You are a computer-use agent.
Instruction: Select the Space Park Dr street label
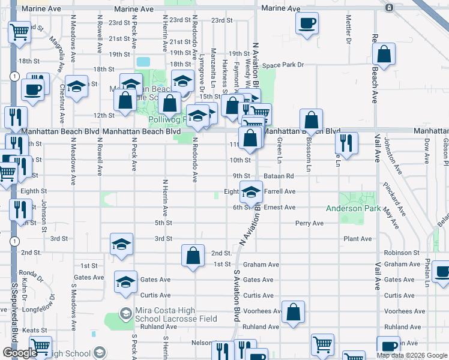[x=283, y=65]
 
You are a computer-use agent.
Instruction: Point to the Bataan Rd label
[x=281, y=176]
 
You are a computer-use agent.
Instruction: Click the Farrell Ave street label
[x=280, y=191]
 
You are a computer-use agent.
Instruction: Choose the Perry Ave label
[x=309, y=223]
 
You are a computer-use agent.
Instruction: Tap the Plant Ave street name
[x=357, y=239]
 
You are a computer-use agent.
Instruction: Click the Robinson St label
[x=402, y=253]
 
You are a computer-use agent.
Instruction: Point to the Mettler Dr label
[x=348, y=25]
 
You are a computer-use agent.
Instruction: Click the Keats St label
[x=35, y=331]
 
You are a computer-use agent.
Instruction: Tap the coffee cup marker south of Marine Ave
[x=307, y=23]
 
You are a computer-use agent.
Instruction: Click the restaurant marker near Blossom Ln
[x=345, y=142]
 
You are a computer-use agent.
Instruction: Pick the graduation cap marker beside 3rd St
[x=121, y=245]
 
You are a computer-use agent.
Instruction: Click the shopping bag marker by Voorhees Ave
[x=293, y=311]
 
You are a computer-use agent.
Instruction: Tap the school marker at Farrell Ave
[x=251, y=192]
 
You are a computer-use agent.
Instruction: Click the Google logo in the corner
[x=20, y=353]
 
